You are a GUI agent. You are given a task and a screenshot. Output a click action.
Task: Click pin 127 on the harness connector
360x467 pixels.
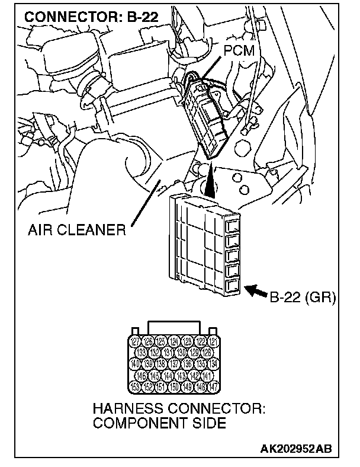coord(136,341)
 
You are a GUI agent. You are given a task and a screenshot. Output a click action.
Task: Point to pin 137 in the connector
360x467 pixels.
coord(174,364)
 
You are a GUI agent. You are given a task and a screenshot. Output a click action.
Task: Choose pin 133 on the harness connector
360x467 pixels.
coord(142,353)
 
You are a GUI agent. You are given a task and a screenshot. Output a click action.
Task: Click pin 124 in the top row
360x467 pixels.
coord(174,341)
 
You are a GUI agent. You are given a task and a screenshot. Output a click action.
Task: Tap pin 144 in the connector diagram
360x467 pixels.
coord(168,375)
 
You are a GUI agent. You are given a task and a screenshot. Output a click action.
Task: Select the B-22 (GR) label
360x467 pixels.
coord(303,296)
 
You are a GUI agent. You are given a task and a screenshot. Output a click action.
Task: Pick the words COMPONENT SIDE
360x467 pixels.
coord(159,423)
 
